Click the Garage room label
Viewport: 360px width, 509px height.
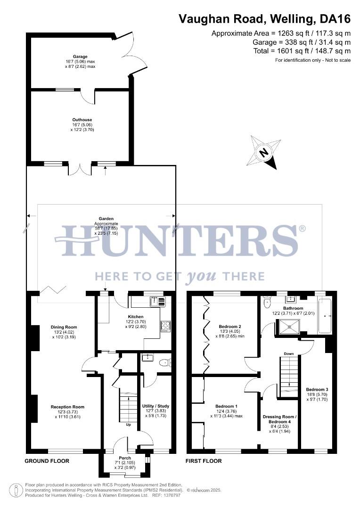pos(80,57)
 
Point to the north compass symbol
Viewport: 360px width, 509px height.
pos(264,152)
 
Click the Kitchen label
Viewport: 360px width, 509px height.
pos(136,317)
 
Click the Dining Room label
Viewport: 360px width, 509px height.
pos(64,327)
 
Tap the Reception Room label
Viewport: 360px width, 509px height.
pos(68,407)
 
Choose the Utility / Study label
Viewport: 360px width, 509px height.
pos(155,406)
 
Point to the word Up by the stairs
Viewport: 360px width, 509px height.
pos(128,425)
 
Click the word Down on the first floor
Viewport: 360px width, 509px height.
pos(289,353)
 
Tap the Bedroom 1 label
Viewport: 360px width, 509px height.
pos(226,406)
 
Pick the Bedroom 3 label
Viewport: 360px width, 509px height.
pos(317,389)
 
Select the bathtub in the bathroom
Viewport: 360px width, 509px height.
pos(325,315)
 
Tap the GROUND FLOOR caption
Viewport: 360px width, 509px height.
pos(47,461)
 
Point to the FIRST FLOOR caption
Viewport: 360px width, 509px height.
pos(204,461)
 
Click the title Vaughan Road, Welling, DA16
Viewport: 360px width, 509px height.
pos(264,19)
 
